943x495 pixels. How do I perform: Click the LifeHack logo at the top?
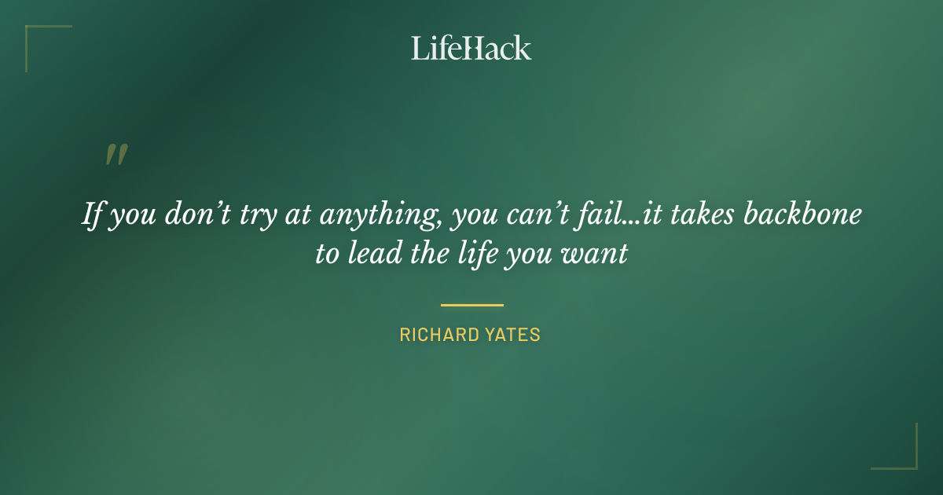[x=472, y=48]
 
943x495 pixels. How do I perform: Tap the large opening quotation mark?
[x=116, y=155]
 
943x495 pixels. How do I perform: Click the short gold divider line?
[x=472, y=305]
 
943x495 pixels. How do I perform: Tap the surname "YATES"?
[x=513, y=335]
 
